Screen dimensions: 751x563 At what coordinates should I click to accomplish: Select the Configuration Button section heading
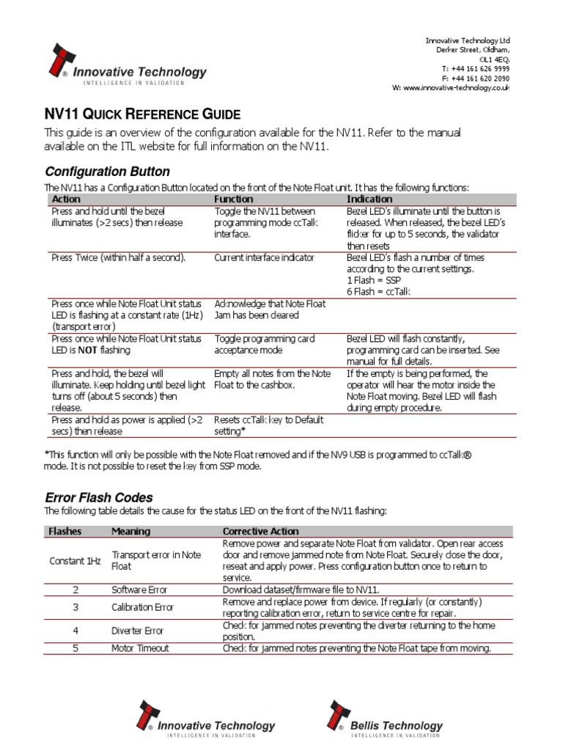tap(107, 172)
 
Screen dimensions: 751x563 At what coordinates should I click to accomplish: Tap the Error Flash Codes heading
tap(99, 497)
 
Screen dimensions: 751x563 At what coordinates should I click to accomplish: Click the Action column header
tap(66, 199)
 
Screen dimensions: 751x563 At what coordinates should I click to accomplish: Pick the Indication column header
tap(369, 199)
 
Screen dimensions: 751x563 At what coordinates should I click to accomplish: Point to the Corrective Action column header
tap(260, 531)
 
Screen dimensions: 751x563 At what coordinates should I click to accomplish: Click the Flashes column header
tap(65, 531)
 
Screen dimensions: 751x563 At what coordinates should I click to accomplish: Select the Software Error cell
tap(139, 589)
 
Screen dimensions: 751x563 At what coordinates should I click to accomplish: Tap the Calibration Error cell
tap(142, 607)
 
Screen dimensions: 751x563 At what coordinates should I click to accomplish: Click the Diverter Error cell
tap(137, 630)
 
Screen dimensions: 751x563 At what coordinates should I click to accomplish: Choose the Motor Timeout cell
tap(139, 648)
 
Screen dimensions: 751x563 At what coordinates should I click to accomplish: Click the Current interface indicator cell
tap(264, 257)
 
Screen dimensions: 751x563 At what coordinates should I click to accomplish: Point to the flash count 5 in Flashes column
tap(76, 648)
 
